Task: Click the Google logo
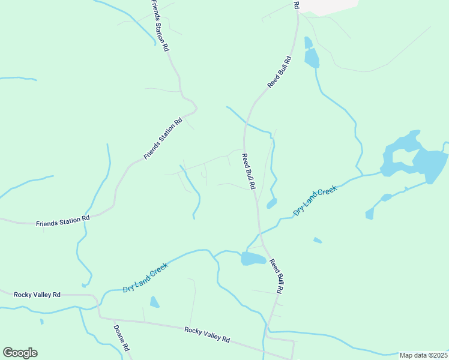(x=20, y=353)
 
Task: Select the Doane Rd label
(x=121, y=339)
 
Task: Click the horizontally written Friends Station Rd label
(x=62, y=221)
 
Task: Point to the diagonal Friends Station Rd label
(x=163, y=139)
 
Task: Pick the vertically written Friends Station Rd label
(x=160, y=25)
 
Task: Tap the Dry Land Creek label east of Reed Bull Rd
(x=316, y=200)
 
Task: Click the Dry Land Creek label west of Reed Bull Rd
(x=145, y=278)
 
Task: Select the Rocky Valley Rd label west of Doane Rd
(x=37, y=295)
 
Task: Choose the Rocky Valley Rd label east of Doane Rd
(x=207, y=334)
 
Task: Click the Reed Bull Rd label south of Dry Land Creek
(x=276, y=276)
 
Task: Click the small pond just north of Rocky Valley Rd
(x=154, y=302)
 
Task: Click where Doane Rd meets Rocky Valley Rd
(x=100, y=318)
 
